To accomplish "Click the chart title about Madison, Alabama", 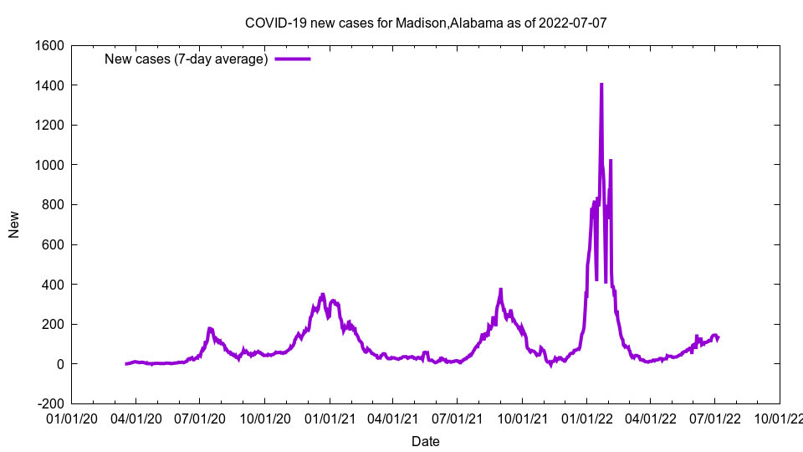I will click(426, 23).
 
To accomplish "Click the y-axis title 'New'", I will click(14, 224).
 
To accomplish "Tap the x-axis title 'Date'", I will click(426, 441).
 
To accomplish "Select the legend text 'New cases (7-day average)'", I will click(186, 59).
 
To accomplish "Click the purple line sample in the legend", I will click(293, 59).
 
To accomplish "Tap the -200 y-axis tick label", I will click(49, 403).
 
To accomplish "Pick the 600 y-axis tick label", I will click(53, 244).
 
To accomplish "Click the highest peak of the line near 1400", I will click(601, 85).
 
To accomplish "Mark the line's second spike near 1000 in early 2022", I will click(611, 160).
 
